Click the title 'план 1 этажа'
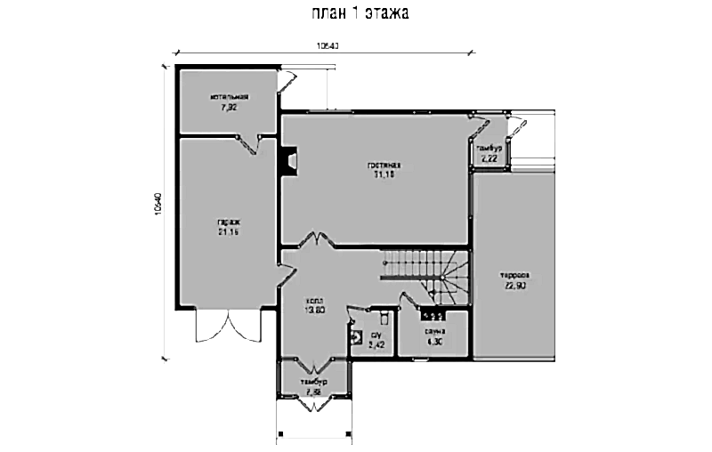coord(360,14)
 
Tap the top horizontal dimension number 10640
coord(328,45)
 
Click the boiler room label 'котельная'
coord(229,97)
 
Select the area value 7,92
coord(229,107)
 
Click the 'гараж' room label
coord(228,222)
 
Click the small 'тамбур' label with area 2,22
coord(489,148)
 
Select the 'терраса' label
coord(515,274)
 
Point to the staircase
coord(425,270)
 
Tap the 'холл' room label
coord(313,300)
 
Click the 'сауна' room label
coord(434,330)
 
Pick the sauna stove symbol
coord(433,315)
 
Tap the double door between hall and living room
coord(312,242)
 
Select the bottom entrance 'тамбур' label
coord(314,382)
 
